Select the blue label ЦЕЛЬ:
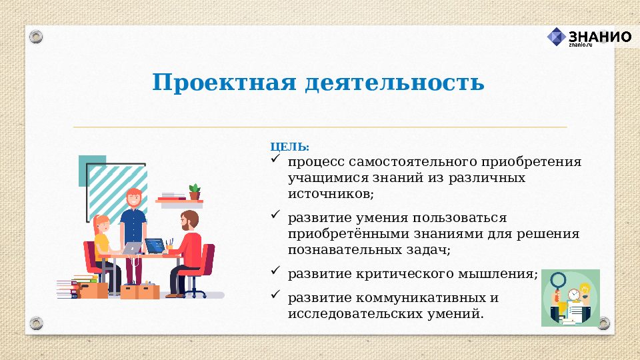(x=289, y=147)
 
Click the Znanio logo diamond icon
(x=557, y=37)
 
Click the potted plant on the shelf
(x=195, y=191)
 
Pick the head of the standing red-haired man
(x=134, y=198)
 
